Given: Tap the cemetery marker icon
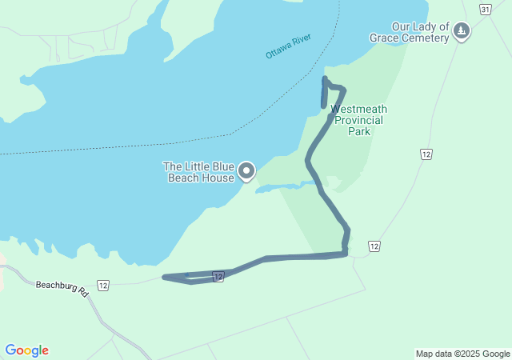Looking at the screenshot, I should pos(461,31).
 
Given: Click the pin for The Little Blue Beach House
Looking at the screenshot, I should pos(247,170).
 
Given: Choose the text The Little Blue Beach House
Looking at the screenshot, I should pos(199,171).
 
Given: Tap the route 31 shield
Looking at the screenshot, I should pos(486,8).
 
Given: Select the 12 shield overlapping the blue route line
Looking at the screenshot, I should pos(218,277).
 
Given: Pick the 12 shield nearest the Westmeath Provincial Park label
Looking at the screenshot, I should pos(426,154).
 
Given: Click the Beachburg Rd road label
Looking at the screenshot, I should pos(62,287).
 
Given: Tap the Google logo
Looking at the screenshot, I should pos(26,350).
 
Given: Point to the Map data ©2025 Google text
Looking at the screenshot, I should pos(462,354).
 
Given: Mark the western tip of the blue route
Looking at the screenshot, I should pos(164,277).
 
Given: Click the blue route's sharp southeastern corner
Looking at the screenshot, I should pos(346,254).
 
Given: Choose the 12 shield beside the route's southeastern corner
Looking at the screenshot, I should pos(374,246).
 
